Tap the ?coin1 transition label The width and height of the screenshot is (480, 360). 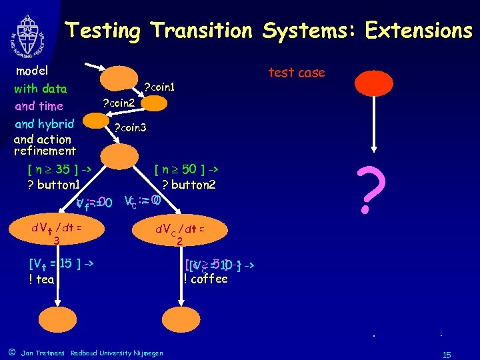[160, 87]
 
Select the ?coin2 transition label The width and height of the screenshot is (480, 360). [118, 103]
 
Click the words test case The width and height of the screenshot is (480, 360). [296, 73]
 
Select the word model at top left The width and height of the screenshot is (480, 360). [32, 71]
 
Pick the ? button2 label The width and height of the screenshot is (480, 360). [189, 185]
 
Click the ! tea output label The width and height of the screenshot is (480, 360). [41, 279]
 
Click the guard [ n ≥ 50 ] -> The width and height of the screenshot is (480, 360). [187, 169]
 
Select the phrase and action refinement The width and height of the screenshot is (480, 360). [45, 145]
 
